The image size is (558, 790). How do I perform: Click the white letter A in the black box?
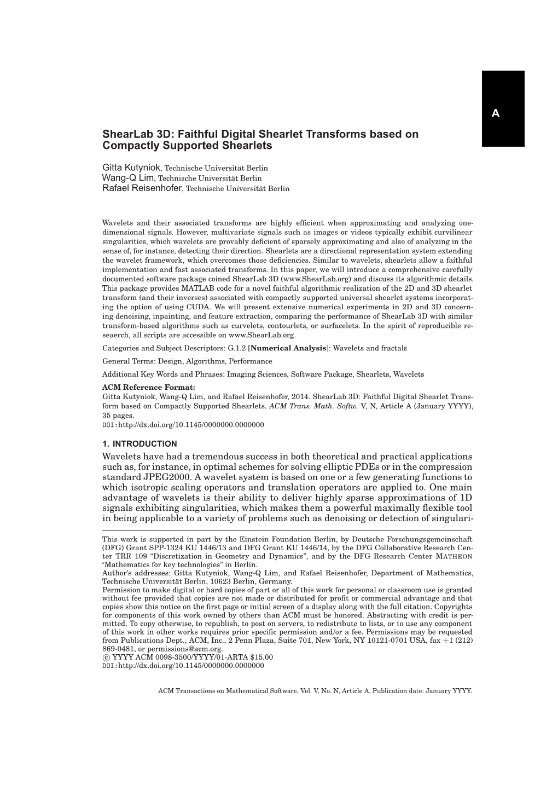tap(496, 114)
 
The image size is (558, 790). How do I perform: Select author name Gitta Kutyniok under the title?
tap(131, 167)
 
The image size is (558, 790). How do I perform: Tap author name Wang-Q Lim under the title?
tap(129, 178)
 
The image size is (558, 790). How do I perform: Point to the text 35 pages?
tap(118, 416)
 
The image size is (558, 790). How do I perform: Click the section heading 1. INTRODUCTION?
tap(139, 444)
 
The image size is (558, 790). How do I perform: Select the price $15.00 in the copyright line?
tap(261, 657)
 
